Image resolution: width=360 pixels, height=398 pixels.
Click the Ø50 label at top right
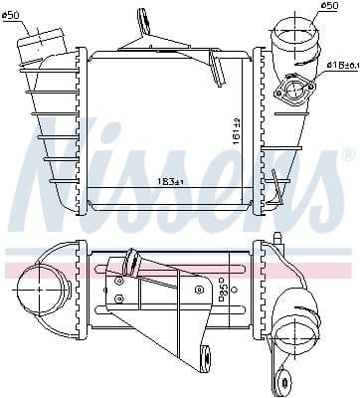301,9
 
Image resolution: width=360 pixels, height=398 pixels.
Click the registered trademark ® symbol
346,156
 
